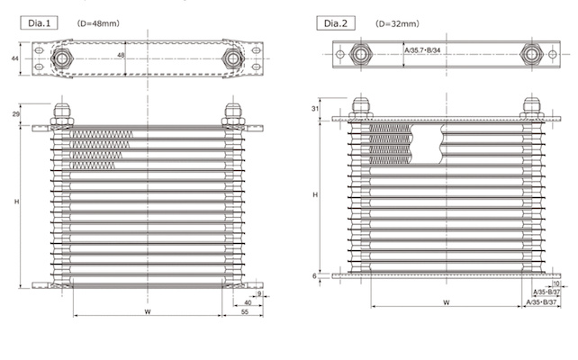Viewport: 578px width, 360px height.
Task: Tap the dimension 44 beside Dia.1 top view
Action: tap(14, 59)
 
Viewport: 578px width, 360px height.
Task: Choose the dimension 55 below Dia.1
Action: tap(245, 312)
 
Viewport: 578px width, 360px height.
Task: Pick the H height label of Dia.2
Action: tap(313, 194)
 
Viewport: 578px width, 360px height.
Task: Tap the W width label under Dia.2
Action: tap(447, 303)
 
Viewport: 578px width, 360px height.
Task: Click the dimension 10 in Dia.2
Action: tap(545, 283)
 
